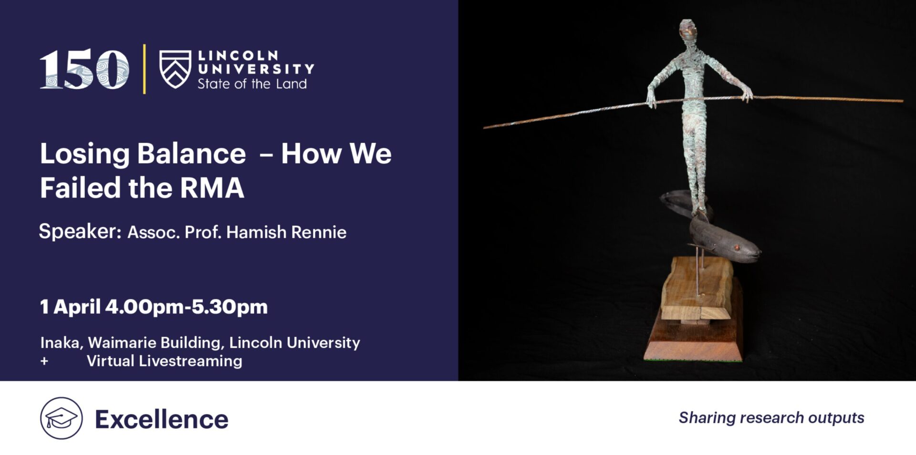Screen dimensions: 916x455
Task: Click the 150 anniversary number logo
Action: tap(84, 70)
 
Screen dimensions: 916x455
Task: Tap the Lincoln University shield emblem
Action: tap(175, 69)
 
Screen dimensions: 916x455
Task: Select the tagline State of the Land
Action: tap(252, 84)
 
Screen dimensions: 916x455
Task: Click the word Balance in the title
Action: tap(191, 154)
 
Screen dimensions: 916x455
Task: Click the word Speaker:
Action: tap(80, 231)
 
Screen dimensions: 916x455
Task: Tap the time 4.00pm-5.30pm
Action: tap(186, 307)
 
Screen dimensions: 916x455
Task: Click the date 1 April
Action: tap(70, 307)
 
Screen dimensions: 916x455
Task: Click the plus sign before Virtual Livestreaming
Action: tap(44, 361)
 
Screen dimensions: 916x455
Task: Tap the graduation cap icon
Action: tap(61, 418)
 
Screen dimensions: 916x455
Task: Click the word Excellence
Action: tap(162, 419)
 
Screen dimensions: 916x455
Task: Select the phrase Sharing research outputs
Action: tap(771, 418)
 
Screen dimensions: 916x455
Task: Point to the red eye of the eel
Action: tap(737, 247)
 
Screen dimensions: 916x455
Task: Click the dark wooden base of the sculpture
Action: tap(693, 334)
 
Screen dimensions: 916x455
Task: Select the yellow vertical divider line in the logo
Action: tap(144, 69)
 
